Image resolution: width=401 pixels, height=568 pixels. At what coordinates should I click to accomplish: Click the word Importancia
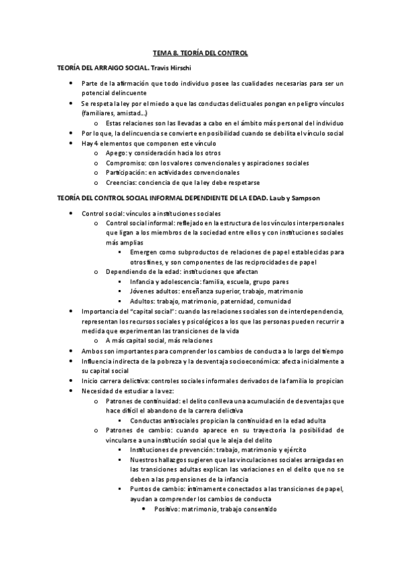pyautogui.click(x=102, y=311)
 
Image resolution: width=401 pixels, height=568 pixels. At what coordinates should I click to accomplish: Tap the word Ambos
pyautogui.click(x=93, y=350)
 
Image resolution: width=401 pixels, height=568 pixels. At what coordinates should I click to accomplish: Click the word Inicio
pyautogui.click(x=90, y=381)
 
